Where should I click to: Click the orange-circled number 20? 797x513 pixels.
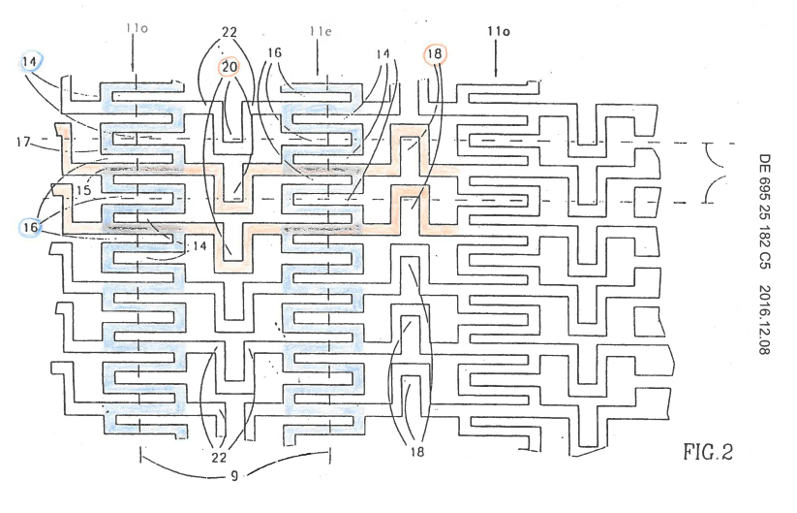230,67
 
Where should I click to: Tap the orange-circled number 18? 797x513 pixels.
435,54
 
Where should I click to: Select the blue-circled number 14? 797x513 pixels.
29,62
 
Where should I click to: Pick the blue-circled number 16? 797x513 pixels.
30,227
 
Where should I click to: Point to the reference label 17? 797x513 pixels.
23,142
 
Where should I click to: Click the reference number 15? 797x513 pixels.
84,190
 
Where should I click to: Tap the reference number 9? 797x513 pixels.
233,476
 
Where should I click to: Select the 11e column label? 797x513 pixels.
321,32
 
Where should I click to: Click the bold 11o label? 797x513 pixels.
498,32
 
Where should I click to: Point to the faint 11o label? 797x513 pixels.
137,28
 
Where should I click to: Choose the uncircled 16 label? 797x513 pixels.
274,53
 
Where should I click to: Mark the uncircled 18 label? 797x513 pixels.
416,451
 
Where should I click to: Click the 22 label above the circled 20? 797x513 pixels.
230,32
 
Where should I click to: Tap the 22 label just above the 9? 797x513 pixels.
219,457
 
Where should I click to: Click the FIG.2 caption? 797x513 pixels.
708,452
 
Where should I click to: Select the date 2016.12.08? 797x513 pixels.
764,320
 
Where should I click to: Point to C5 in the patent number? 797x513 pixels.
764,260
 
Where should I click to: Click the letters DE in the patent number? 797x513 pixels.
764,164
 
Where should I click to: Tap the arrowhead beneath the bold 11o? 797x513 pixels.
496,75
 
